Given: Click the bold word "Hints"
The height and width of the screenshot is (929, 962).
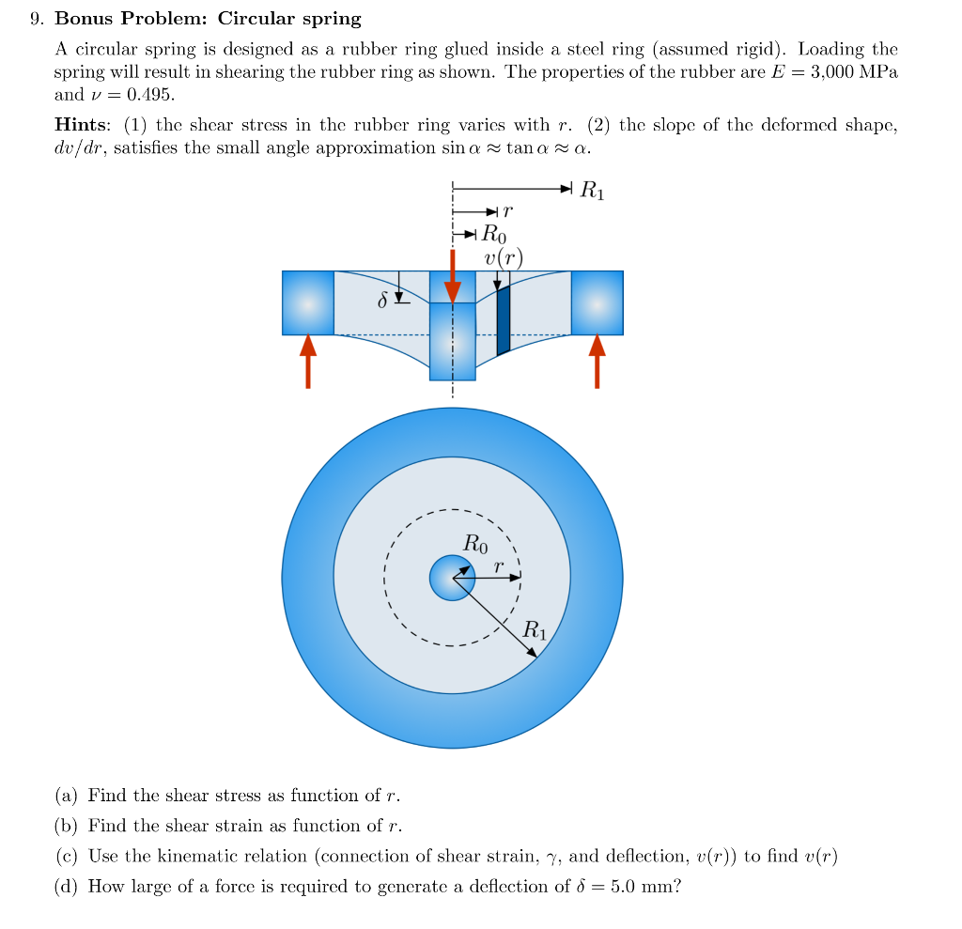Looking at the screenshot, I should [x=80, y=126].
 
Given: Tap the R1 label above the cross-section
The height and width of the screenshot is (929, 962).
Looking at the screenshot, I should [x=593, y=192].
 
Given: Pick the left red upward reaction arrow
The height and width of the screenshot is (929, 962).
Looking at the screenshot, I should [x=308, y=362].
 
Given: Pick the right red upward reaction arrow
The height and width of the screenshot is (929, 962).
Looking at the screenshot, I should [x=597, y=362].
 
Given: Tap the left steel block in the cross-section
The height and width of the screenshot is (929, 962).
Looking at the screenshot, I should [x=308, y=302].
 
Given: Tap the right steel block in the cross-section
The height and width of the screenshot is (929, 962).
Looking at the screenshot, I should [x=597, y=302].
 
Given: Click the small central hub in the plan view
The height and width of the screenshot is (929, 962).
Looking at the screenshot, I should [x=452, y=578].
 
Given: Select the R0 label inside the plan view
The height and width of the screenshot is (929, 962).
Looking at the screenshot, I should [x=475, y=542].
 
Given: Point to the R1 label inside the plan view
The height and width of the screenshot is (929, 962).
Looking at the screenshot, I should [x=534, y=629].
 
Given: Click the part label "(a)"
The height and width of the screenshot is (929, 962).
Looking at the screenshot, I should [x=66, y=796].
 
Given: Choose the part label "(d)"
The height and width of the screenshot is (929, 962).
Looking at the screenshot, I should [x=66, y=886].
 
